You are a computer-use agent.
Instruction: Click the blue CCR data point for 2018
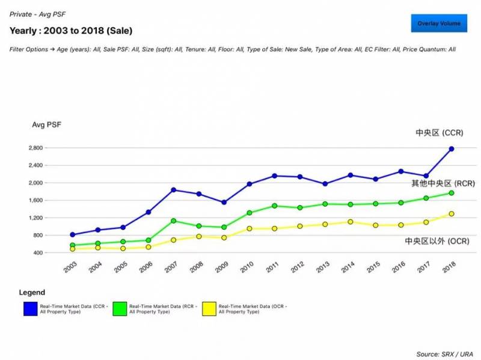(452, 148)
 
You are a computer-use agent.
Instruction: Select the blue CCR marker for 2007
(174, 190)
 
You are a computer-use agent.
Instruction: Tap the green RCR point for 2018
(452, 193)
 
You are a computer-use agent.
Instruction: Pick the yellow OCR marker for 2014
(351, 222)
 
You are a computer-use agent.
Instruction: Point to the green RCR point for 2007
(174, 221)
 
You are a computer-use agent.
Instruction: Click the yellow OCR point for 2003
(73, 248)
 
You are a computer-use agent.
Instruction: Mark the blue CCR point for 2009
(224, 203)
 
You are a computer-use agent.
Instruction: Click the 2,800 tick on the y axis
(52, 148)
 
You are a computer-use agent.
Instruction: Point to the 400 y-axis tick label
(55, 253)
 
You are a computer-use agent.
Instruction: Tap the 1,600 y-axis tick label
(52, 200)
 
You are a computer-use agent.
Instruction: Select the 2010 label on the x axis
(247, 267)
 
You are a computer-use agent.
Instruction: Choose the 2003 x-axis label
(70, 267)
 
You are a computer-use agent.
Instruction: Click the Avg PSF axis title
(46, 124)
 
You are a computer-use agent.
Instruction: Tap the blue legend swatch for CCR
(30, 308)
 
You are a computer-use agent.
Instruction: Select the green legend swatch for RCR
(120, 308)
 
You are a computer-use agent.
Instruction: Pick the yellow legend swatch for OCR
(209, 308)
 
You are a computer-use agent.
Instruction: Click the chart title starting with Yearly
(71, 30)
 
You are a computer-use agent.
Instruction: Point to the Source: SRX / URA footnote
(446, 354)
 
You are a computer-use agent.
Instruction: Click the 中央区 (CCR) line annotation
(439, 133)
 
